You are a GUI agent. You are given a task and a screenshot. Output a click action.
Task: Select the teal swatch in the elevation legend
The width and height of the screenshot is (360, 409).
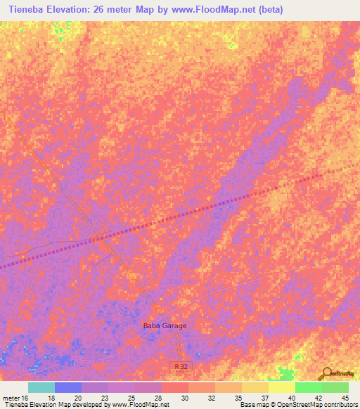[41, 387]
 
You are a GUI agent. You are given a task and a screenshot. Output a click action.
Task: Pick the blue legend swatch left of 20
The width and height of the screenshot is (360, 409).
[68, 387]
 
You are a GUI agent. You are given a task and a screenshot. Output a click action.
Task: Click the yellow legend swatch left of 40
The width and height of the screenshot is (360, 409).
[282, 387]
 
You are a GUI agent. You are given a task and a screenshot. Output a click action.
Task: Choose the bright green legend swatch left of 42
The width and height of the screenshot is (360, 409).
[309, 387]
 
